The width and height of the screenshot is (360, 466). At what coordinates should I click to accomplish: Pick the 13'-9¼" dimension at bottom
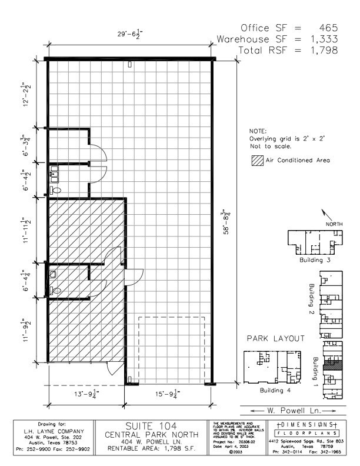(84, 394)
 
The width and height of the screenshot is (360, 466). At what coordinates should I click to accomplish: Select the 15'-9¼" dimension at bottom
(166, 394)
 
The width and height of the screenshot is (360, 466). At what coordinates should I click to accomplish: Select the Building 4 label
(275, 390)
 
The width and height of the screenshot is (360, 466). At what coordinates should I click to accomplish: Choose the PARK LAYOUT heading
(275, 339)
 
